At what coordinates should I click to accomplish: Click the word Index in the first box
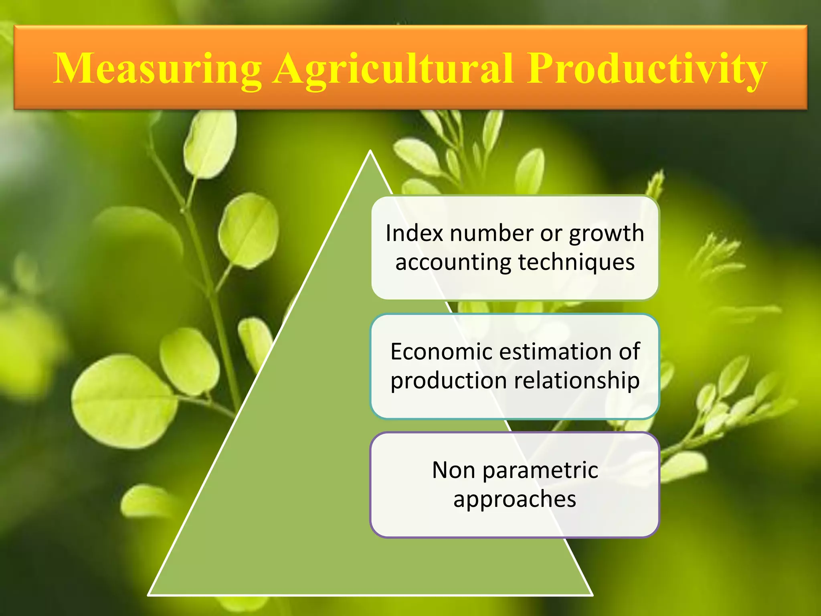pos(415,233)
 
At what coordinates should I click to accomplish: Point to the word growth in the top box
pos(607,234)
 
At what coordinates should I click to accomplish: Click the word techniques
pos(576,263)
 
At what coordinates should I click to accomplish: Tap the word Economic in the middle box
pos(441,352)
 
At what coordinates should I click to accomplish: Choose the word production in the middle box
pos(449,381)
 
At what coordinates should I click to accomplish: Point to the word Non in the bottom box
pos(453,470)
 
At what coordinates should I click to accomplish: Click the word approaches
pos(515,500)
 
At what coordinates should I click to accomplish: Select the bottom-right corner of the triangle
pos(592,594)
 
